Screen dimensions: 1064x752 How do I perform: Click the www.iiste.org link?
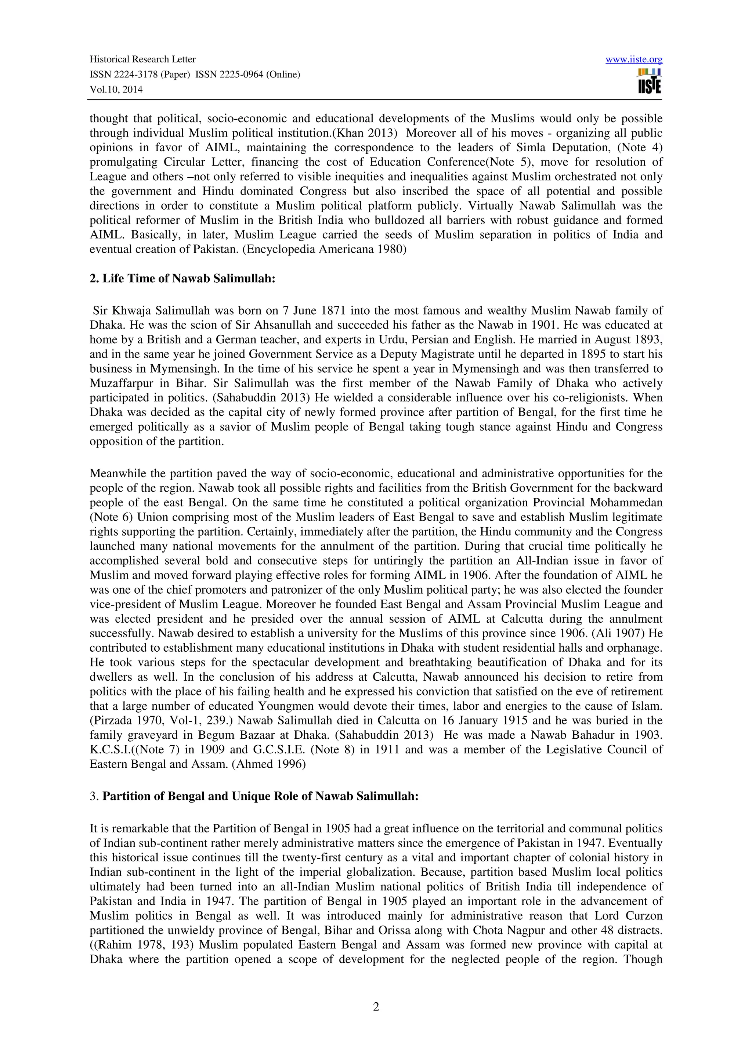click(633, 59)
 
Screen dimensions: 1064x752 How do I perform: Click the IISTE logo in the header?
click(649, 82)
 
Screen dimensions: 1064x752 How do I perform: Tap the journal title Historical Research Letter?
click(142, 59)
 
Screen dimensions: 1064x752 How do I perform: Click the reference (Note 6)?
click(112, 517)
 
